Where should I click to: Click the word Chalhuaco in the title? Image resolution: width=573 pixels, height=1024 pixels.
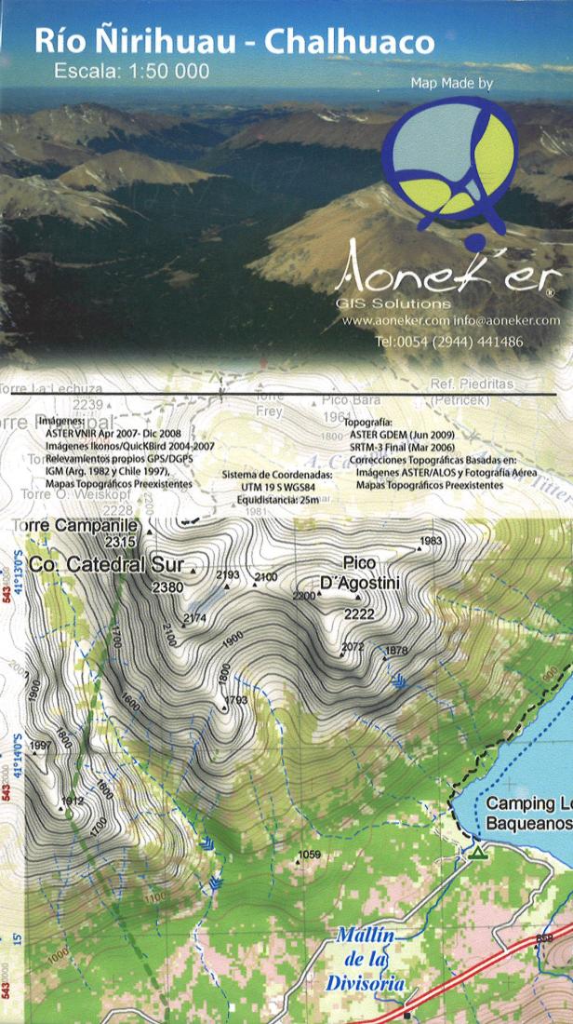(x=350, y=42)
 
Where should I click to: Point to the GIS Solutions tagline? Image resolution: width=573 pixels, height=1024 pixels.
(x=393, y=303)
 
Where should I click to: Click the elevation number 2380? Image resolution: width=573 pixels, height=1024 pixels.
(x=167, y=586)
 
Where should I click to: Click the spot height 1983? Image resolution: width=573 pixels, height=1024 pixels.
(x=430, y=541)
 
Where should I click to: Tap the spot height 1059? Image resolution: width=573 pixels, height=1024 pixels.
(x=309, y=855)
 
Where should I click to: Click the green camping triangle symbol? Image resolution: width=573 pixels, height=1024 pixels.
(x=478, y=851)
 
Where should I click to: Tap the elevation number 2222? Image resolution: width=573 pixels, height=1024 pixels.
(x=358, y=613)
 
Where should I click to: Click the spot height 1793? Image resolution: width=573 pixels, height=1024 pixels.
(x=236, y=699)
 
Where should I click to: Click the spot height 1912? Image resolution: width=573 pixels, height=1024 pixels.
(x=72, y=801)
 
